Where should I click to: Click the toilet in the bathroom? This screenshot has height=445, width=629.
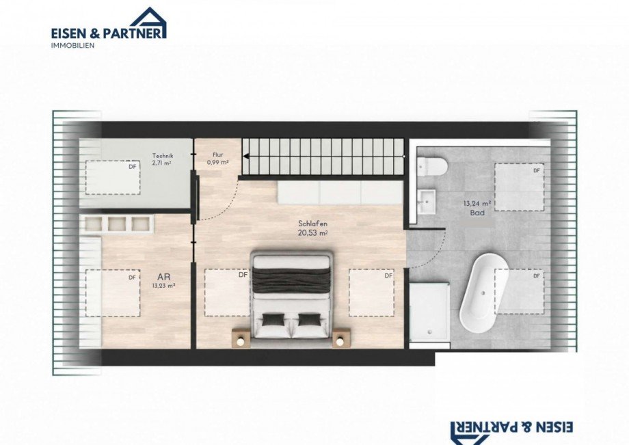tap(432, 167)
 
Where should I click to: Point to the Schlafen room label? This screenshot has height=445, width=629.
tap(312, 224)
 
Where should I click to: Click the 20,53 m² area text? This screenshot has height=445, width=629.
tap(312, 233)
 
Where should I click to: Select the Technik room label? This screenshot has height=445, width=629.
tap(163, 156)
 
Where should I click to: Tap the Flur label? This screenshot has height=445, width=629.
tap(218, 154)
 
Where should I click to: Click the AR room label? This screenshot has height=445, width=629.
tap(163, 277)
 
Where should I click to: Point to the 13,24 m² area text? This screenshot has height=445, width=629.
tap(477, 203)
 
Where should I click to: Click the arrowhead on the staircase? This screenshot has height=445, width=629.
tap(246, 157)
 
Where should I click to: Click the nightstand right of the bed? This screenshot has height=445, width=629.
tap(341, 337)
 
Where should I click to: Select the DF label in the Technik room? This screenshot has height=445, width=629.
tap(133, 167)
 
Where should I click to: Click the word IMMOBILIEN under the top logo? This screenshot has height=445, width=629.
tap(72, 46)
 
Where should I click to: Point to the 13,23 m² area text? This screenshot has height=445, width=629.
tap(163, 286)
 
